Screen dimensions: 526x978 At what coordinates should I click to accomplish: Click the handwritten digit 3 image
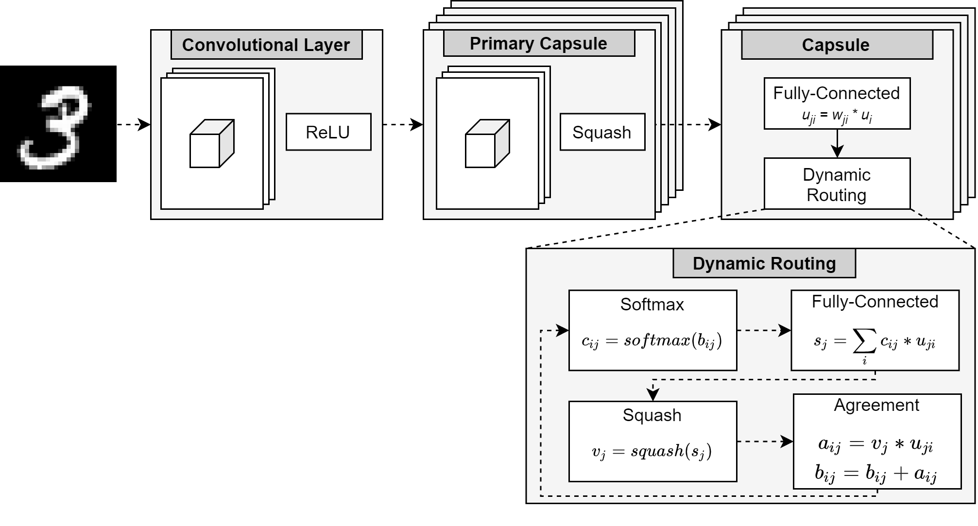tap(58, 124)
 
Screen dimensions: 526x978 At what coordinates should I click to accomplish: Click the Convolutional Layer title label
tap(266, 45)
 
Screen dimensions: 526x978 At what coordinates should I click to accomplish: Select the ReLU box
tap(328, 132)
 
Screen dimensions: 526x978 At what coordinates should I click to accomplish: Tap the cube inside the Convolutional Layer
tap(212, 144)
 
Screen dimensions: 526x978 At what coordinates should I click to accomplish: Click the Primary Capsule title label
tap(539, 44)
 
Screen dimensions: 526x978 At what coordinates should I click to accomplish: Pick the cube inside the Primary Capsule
tap(487, 144)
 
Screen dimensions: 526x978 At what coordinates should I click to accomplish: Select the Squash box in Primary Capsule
tap(602, 132)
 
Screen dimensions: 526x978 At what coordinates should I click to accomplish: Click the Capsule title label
tap(836, 45)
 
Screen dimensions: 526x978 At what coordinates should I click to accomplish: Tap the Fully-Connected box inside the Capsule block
tap(837, 103)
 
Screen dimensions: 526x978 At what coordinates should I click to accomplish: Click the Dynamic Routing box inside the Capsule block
tap(837, 184)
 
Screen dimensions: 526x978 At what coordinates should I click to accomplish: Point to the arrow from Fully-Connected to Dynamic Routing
tap(837, 144)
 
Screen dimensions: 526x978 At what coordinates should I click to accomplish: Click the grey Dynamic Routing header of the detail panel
tap(764, 264)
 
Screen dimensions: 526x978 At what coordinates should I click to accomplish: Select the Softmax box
tap(652, 330)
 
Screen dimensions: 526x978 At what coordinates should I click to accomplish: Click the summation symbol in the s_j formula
tap(865, 342)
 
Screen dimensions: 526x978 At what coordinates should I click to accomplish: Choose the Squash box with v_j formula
tap(652, 441)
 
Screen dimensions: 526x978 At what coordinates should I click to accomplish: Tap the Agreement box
tap(877, 441)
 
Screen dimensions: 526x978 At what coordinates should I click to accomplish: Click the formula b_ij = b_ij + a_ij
tap(876, 473)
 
